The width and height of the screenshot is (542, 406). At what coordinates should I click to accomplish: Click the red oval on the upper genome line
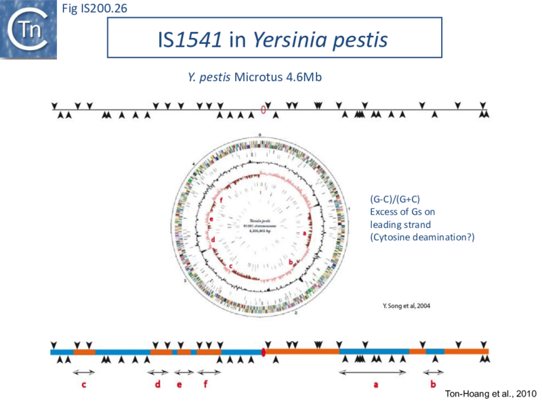(x=264, y=110)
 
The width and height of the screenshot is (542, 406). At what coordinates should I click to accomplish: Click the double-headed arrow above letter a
(x=373, y=372)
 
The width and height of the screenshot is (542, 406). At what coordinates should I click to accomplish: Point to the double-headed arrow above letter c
(x=84, y=372)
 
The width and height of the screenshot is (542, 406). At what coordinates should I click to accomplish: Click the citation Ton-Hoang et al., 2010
(x=491, y=394)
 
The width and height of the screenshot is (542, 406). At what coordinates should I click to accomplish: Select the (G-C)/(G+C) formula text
(x=395, y=200)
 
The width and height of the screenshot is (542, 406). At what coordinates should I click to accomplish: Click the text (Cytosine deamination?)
(x=421, y=236)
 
